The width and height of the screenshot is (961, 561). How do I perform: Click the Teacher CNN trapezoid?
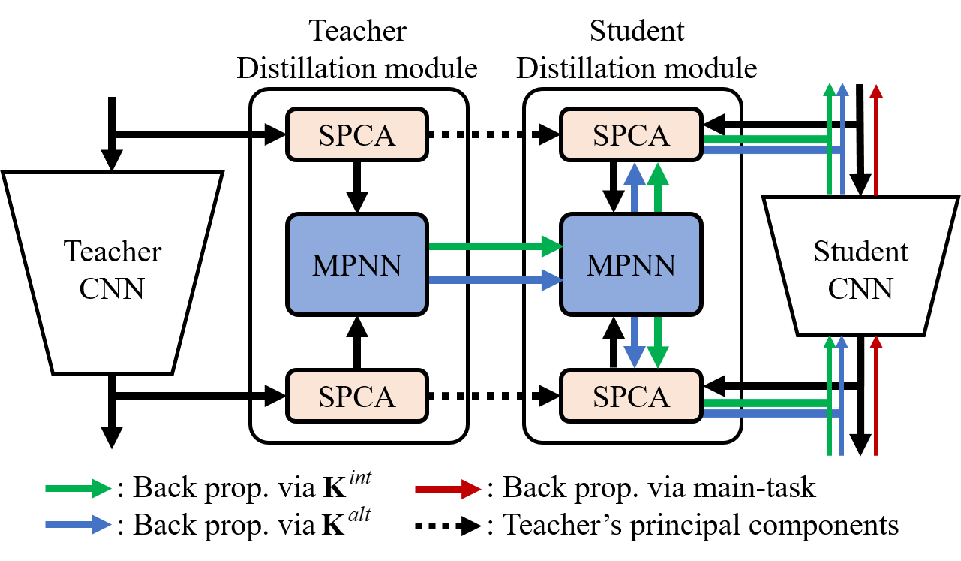point(113,270)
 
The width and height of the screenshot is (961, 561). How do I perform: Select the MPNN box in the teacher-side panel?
point(356,264)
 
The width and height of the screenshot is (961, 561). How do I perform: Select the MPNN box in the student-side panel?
point(631,264)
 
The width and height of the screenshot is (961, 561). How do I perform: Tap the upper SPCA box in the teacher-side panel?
point(356,134)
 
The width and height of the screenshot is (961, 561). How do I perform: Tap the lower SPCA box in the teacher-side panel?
point(356,395)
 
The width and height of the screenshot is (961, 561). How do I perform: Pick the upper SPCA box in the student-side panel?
point(631,134)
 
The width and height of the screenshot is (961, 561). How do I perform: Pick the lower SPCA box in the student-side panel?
point(631,395)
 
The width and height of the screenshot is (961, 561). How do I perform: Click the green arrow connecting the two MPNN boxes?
point(495,246)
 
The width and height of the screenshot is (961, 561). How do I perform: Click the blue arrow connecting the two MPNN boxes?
point(495,281)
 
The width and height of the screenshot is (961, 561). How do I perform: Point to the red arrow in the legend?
point(448,489)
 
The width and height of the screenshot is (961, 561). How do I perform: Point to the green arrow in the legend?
point(78,488)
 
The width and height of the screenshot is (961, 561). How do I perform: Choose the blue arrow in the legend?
point(78,524)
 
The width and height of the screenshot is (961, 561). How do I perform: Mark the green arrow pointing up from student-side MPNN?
point(658,188)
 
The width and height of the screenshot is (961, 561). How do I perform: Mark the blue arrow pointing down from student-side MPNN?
point(635,342)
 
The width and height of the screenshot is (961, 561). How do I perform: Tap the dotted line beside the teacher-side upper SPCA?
point(447,134)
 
